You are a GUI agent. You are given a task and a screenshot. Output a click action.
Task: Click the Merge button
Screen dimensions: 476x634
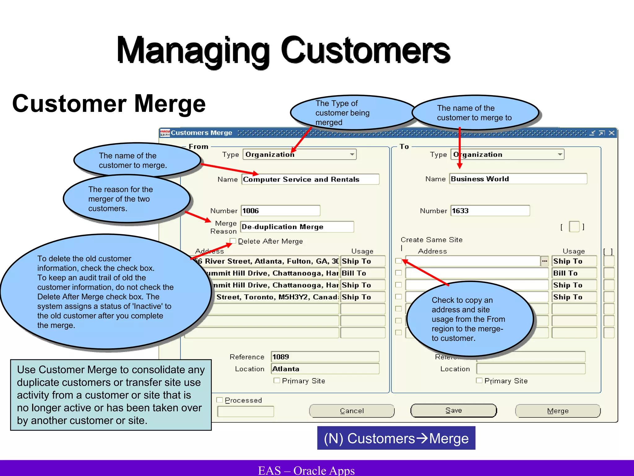click(x=558, y=411)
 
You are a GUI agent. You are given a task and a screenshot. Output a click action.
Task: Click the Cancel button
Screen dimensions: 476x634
click(x=352, y=411)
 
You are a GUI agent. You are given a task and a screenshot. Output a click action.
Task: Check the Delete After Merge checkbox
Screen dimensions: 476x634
click(x=233, y=241)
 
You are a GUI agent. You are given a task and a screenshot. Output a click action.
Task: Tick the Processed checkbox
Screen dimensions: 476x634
click(x=220, y=400)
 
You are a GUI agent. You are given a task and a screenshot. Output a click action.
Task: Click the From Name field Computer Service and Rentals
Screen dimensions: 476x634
click(x=310, y=179)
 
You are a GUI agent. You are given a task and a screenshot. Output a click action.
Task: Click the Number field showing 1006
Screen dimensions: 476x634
click(x=280, y=211)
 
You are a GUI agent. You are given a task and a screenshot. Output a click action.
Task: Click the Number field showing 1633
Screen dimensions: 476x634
click(x=490, y=211)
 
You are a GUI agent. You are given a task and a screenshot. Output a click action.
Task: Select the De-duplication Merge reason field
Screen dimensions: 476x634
click(x=297, y=227)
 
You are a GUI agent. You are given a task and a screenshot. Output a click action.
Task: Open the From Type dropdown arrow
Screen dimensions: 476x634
click(x=352, y=154)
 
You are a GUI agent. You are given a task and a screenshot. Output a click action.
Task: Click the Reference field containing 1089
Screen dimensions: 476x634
click(x=325, y=357)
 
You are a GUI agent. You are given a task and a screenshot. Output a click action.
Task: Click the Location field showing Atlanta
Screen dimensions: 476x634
click(x=325, y=369)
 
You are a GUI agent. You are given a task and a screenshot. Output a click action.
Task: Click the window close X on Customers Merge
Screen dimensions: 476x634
click(x=611, y=133)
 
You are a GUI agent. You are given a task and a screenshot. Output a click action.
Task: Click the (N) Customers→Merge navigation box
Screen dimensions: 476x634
click(x=396, y=438)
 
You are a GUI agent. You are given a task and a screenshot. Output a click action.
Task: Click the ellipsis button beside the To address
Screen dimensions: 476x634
click(x=545, y=261)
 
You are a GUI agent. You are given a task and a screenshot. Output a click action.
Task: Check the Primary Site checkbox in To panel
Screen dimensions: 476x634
click(x=479, y=381)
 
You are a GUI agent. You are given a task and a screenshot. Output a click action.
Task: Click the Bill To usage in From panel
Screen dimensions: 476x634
click(x=363, y=273)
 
